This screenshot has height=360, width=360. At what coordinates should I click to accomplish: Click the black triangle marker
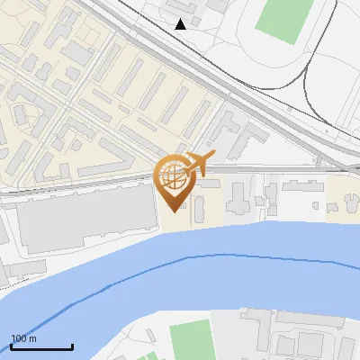181,24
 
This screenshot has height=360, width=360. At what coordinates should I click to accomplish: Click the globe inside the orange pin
173,179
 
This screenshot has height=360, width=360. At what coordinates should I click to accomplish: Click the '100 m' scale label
24,338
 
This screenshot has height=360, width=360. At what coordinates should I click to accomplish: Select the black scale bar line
41,346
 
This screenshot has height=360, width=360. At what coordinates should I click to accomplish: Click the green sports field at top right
282,20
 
